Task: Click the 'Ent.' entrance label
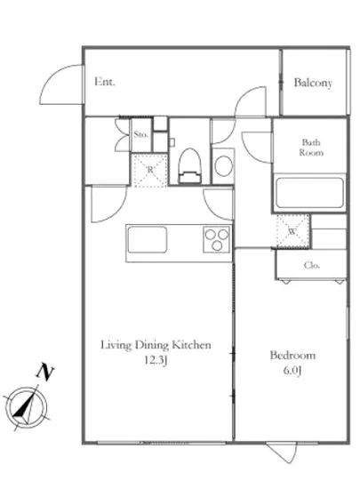click(x=106, y=83)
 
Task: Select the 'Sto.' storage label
click(x=140, y=135)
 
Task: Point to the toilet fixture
click(x=188, y=163)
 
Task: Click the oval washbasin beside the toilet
click(x=224, y=165)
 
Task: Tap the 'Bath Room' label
click(x=311, y=147)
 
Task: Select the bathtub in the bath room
click(x=308, y=193)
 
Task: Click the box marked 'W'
click(x=292, y=230)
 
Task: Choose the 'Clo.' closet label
click(x=311, y=264)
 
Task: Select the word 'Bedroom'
click(x=292, y=356)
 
